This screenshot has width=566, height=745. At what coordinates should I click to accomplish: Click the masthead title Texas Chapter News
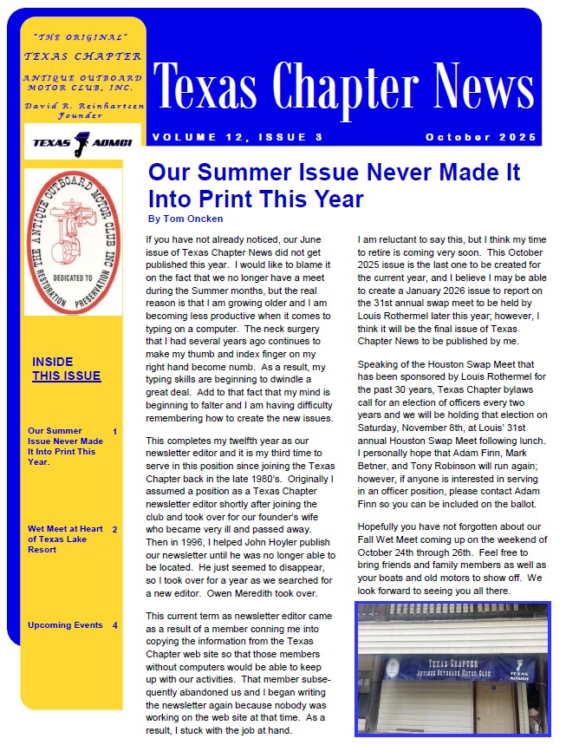343,87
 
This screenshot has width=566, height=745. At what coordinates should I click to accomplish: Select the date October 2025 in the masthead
481,138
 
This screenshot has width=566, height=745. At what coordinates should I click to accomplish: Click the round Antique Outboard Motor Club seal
73,241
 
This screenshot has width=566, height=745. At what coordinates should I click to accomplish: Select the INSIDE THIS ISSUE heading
66,369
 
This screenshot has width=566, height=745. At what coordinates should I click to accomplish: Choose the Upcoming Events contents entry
65,625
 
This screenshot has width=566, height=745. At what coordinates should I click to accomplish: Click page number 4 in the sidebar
114,625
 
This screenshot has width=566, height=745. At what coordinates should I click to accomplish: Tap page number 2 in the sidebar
114,529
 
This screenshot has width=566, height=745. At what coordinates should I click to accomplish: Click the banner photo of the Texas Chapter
452,669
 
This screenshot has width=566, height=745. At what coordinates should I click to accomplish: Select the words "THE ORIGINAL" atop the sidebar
80,37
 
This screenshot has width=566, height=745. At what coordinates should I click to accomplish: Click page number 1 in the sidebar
114,431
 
